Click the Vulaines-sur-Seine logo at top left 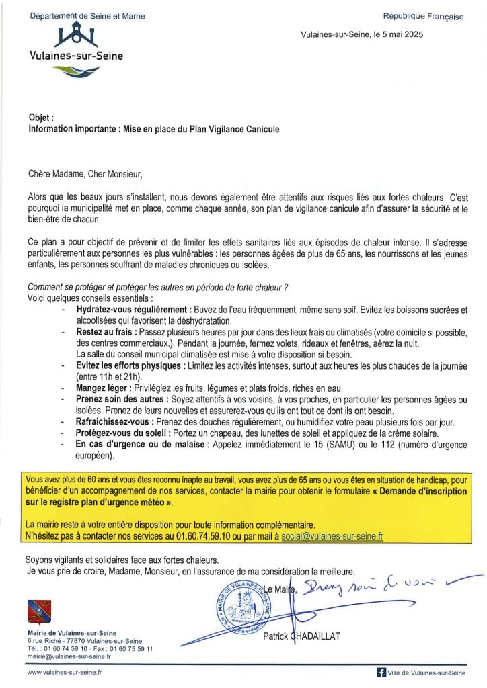coord(75,44)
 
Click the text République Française coord(423,17)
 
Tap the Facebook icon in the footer coord(381,672)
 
